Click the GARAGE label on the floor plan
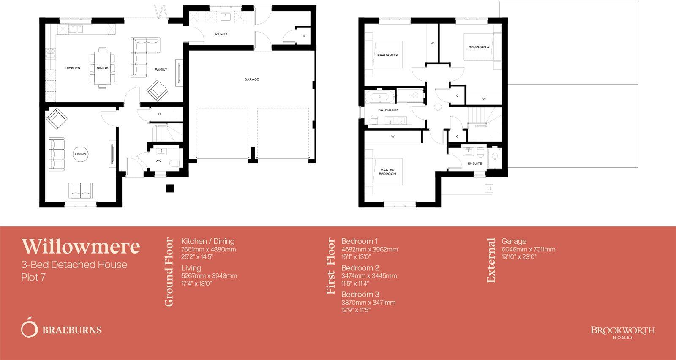click(x=251, y=79)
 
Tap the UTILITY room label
click(x=221, y=34)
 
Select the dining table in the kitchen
click(x=103, y=68)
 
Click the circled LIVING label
click(x=80, y=155)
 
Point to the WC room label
click(x=158, y=161)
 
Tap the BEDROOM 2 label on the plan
click(x=387, y=55)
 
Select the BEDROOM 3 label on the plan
click(x=478, y=47)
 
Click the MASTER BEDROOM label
click(x=387, y=172)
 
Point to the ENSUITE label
click(x=474, y=164)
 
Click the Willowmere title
click(x=81, y=246)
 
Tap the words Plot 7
click(x=33, y=277)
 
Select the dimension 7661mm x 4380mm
click(x=208, y=249)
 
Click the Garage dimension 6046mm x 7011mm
click(x=528, y=249)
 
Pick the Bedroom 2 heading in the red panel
click(x=360, y=268)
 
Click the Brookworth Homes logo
click(x=622, y=331)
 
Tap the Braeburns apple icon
click(x=29, y=327)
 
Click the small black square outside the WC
click(x=169, y=188)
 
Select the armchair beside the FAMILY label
click(x=157, y=90)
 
